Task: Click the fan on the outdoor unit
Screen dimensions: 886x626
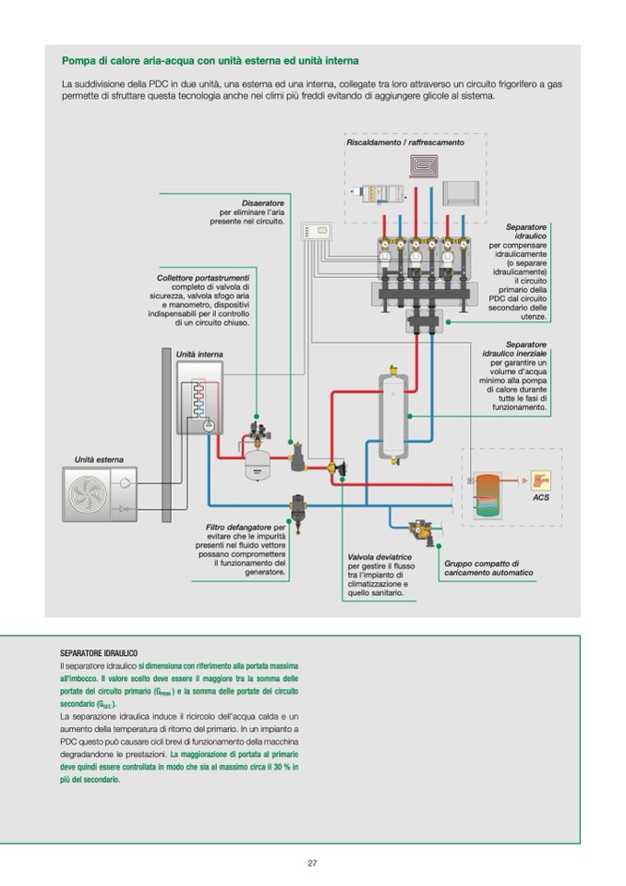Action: point(89,495)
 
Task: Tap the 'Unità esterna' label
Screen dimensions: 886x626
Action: point(99,459)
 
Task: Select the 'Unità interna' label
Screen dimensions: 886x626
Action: point(199,355)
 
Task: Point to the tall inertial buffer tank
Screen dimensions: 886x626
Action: point(394,413)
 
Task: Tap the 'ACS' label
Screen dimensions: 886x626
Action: point(540,498)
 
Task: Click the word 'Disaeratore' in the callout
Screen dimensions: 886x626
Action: point(263,202)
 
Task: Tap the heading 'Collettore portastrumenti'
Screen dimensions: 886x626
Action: point(203,277)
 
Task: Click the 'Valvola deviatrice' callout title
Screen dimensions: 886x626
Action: point(379,557)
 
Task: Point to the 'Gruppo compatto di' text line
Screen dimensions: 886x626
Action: point(481,563)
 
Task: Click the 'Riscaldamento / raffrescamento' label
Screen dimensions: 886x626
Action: point(405,143)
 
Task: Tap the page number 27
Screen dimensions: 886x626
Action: point(312,863)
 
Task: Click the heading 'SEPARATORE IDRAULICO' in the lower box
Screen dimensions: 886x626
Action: point(99,653)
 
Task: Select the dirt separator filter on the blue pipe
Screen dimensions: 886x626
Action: point(299,509)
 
